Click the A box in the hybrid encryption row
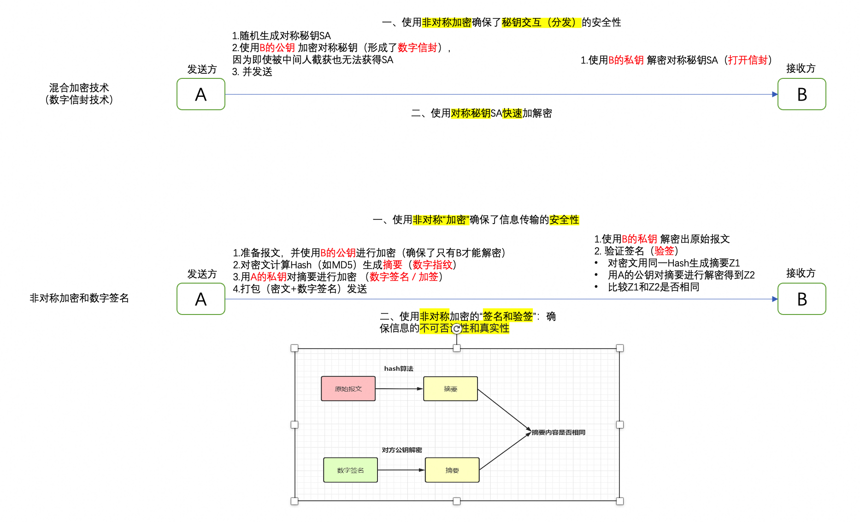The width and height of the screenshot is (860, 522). coord(201,95)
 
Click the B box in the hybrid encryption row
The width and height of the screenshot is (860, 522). coord(801,95)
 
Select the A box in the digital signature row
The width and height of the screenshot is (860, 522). coord(201,299)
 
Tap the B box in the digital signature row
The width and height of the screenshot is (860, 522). coord(801,299)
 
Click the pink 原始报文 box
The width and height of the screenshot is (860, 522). coord(348,389)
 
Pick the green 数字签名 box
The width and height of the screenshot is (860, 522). coord(350,470)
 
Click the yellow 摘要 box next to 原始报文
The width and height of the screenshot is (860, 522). coord(450,389)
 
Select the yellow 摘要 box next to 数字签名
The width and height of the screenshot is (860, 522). coord(452,470)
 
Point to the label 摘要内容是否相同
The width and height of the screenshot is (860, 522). coord(558,433)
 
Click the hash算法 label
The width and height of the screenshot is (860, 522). coord(399,368)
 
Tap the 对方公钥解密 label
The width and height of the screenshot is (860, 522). coord(401,450)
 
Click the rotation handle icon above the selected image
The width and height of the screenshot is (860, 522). coord(457,329)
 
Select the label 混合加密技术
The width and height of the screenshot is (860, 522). coord(79,88)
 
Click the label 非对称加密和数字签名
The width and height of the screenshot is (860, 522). coord(79,298)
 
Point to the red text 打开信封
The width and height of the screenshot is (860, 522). coord(748,60)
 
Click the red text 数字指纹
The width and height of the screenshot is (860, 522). coord(432,265)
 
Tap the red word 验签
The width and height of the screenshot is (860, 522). coord(664,251)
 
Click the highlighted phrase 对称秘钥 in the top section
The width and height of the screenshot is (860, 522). coord(470,113)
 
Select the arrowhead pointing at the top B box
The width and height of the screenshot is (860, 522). coord(775,95)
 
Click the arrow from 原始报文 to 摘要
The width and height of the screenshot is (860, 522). coord(399,389)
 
